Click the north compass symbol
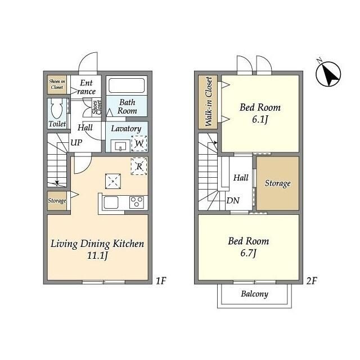[328, 74]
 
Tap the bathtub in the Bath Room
[127, 85]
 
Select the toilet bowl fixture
[56, 109]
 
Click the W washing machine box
[139, 144]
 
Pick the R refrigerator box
[139, 166]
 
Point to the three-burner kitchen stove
[137, 202]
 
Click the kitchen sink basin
[111, 202]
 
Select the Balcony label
[255, 294]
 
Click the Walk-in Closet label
[209, 101]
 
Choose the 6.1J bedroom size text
[260, 120]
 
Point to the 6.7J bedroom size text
[248, 253]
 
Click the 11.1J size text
[97, 255]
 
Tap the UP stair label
[76, 142]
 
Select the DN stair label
[233, 201]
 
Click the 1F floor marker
[161, 281]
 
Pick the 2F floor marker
[312, 281]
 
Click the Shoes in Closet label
[57, 84]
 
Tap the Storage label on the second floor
[277, 183]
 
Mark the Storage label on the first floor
[57, 201]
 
